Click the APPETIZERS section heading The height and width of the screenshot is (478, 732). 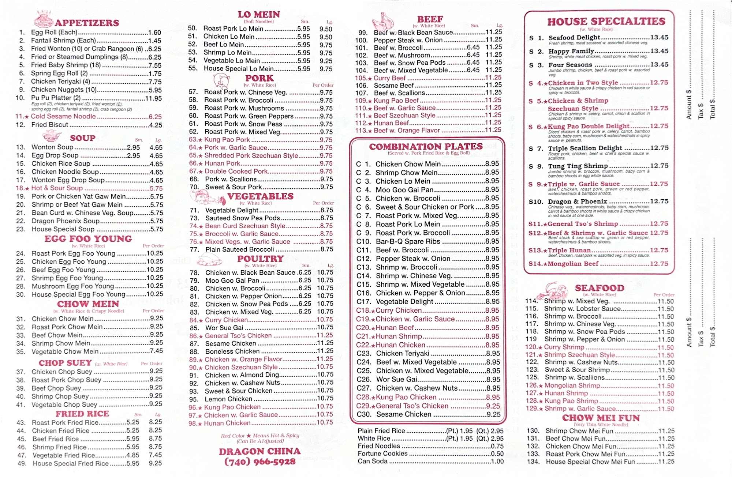[87, 23]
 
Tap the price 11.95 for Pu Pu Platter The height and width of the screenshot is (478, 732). [153, 98]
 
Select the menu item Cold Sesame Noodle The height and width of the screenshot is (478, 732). [63, 116]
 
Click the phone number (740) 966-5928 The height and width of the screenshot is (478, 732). [260, 462]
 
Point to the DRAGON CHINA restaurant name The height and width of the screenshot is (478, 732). [260, 451]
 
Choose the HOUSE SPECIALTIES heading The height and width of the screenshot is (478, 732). [606, 22]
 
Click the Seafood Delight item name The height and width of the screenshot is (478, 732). [574, 37]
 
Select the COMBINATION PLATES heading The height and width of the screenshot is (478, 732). [426, 146]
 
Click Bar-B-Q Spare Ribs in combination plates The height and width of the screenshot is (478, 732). [408, 241]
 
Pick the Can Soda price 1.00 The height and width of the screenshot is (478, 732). [497, 462]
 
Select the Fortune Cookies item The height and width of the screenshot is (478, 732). [382, 453]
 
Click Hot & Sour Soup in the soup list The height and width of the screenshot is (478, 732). [57, 188]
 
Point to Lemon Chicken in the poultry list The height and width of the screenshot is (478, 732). [228, 399]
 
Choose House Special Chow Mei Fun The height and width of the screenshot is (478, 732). [590, 462]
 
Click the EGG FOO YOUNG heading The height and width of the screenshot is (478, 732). [88, 239]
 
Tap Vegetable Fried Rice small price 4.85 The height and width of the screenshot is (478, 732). [132, 455]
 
